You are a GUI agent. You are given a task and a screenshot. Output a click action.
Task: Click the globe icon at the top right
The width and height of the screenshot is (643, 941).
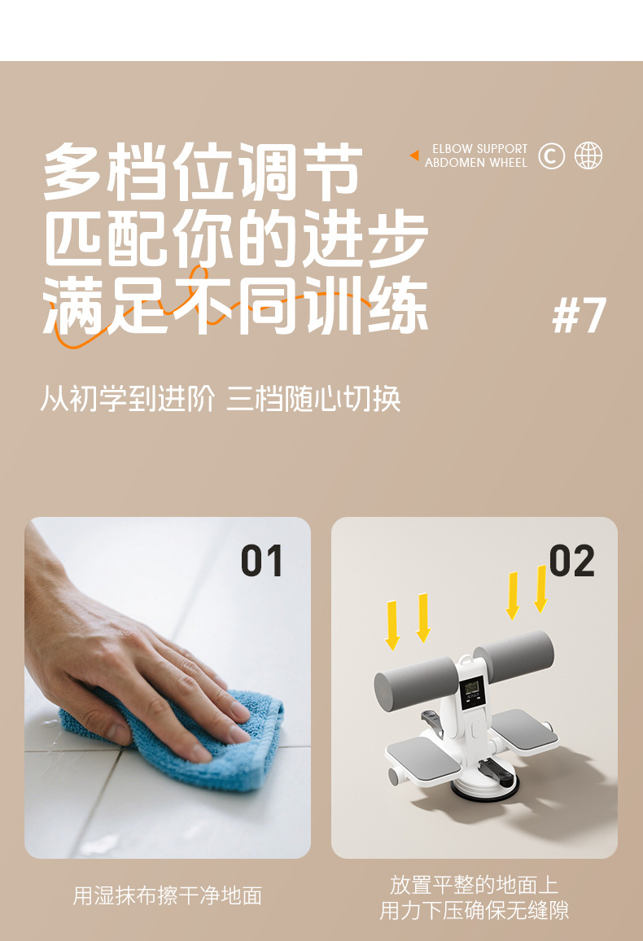point(588,156)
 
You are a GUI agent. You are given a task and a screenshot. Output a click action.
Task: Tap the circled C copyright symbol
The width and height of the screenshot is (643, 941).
point(551,156)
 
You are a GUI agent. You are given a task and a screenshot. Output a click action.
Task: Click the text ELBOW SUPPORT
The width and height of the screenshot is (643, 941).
point(480,149)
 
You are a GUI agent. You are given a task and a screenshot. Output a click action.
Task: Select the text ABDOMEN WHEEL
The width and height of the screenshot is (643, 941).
point(476,163)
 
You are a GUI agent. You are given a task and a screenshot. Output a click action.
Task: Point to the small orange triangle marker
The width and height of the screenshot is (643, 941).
point(414,155)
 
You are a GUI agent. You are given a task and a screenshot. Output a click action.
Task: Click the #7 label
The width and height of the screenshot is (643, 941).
point(579,315)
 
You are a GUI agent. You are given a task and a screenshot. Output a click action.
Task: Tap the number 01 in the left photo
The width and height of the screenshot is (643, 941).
point(261,561)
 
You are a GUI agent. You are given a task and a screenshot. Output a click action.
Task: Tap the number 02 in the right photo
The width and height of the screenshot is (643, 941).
point(571,561)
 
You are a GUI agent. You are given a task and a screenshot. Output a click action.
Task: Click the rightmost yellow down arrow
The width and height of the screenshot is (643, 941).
point(541,589)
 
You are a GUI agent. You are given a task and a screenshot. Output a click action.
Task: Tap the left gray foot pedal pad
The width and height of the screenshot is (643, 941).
point(423,755)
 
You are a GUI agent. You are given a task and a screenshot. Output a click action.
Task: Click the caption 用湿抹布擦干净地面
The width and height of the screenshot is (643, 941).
point(168,896)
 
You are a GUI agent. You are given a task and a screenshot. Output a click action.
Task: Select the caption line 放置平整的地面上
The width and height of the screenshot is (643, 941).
point(474,885)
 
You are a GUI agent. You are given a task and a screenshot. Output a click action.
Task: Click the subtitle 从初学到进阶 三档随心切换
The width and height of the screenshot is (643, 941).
point(220,399)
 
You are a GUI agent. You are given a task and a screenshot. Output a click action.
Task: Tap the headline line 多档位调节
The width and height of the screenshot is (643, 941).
point(203,172)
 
